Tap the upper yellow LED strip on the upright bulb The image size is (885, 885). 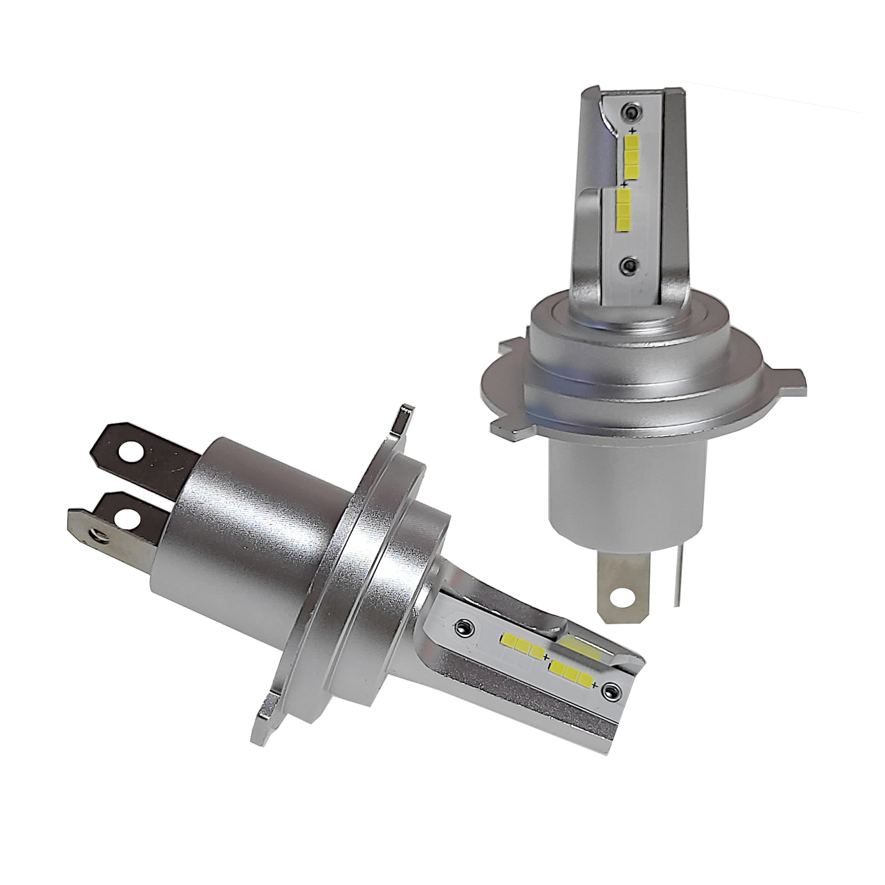[x=632, y=156]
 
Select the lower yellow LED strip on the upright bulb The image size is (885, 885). [x=624, y=210]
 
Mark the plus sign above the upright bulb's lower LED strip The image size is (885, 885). [x=624, y=185]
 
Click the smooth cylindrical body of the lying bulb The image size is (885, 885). [x=228, y=525]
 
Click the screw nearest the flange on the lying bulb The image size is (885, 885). [x=462, y=626]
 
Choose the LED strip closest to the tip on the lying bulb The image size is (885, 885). [x=571, y=670]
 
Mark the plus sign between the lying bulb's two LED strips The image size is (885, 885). [x=546, y=656]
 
